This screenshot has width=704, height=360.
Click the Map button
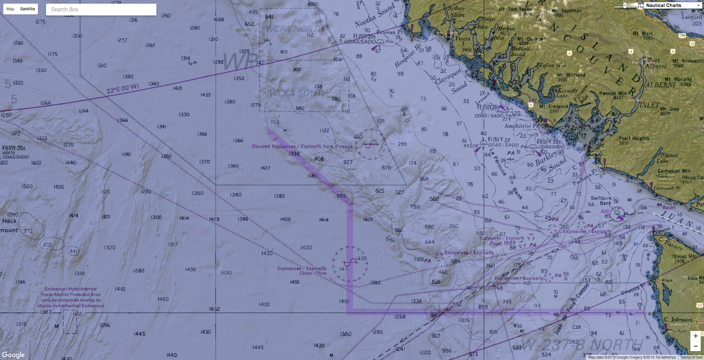[10, 9]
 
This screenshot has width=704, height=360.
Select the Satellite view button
[28, 9]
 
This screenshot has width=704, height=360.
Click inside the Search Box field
[101, 9]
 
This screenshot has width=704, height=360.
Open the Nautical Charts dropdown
[673, 5]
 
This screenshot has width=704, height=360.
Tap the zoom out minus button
[695, 346]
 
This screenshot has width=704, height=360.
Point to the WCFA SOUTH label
[298, 93]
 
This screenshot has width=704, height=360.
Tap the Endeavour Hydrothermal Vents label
[71, 297]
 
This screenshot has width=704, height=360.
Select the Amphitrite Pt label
[521, 126]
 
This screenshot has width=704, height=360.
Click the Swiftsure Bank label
[601, 201]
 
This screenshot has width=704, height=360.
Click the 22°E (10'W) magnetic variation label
[122, 89]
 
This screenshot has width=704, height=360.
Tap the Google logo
[14, 355]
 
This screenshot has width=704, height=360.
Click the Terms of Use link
[691, 357]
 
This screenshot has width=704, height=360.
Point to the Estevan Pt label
[389, 32]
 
